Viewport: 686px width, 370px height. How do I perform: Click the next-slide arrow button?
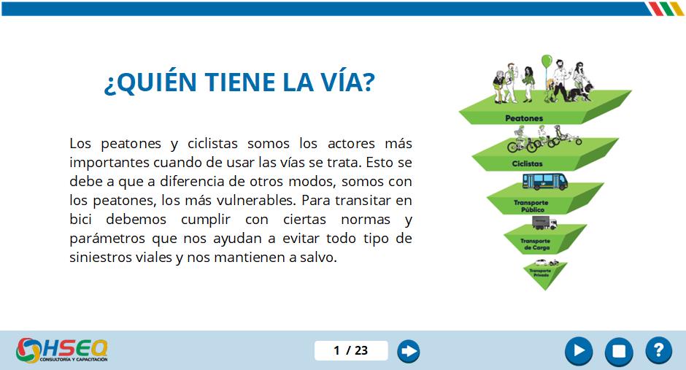point(408,351)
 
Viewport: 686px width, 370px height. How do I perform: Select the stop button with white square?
point(619,351)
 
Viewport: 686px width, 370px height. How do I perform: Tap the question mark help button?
point(658,351)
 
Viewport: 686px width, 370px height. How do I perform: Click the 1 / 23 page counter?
point(351,350)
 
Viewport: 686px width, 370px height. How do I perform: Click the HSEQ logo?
point(62,350)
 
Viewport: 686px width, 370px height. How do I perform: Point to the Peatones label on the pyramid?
point(524,118)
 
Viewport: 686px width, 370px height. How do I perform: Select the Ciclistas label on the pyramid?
point(527,163)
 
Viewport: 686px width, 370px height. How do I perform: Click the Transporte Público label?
point(531,206)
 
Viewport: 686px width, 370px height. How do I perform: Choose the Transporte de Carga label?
point(535,244)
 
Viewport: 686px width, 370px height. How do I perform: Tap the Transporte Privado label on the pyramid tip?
point(540,272)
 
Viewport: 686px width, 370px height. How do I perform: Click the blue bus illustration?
point(545,182)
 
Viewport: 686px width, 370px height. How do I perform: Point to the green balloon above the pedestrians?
point(547,61)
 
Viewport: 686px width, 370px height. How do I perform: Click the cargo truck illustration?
point(544,223)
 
